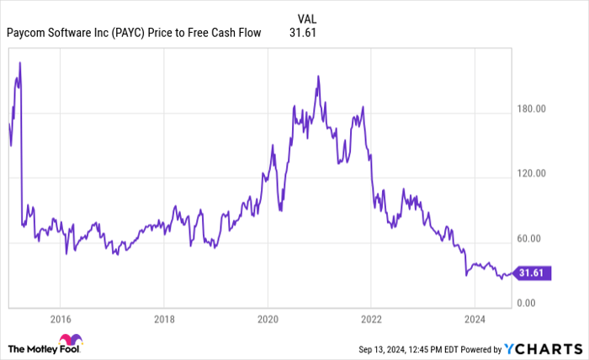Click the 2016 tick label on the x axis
[x=60, y=318]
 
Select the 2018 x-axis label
[x=164, y=318]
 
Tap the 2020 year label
[x=268, y=318]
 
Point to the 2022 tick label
[x=371, y=318]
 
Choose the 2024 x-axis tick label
[x=475, y=318]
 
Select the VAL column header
[x=309, y=17]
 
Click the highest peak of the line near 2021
[x=317, y=76]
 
